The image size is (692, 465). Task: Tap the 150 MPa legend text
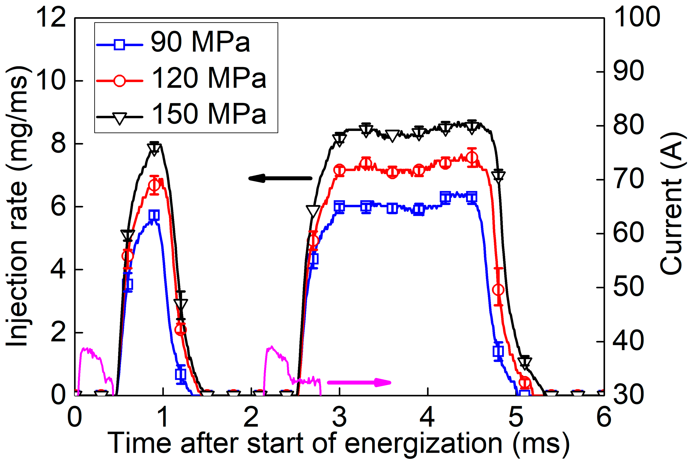pyautogui.click(x=209, y=114)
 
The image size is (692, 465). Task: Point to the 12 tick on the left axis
pyautogui.click(x=50, y=18)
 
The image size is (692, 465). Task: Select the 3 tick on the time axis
pyautogui.click(x=339, y=417)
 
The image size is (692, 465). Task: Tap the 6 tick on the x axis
pyautogui.click(x=604, y=417)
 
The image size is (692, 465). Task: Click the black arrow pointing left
pyautogui.click(x=280, y=178)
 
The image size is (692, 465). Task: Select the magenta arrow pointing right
pyautogui.click(x=359, y=382)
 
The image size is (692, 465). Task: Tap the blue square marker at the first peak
pyautogui.click(x=154, y=215)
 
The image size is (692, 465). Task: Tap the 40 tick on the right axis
pyautogui.click(x=628, y=341)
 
